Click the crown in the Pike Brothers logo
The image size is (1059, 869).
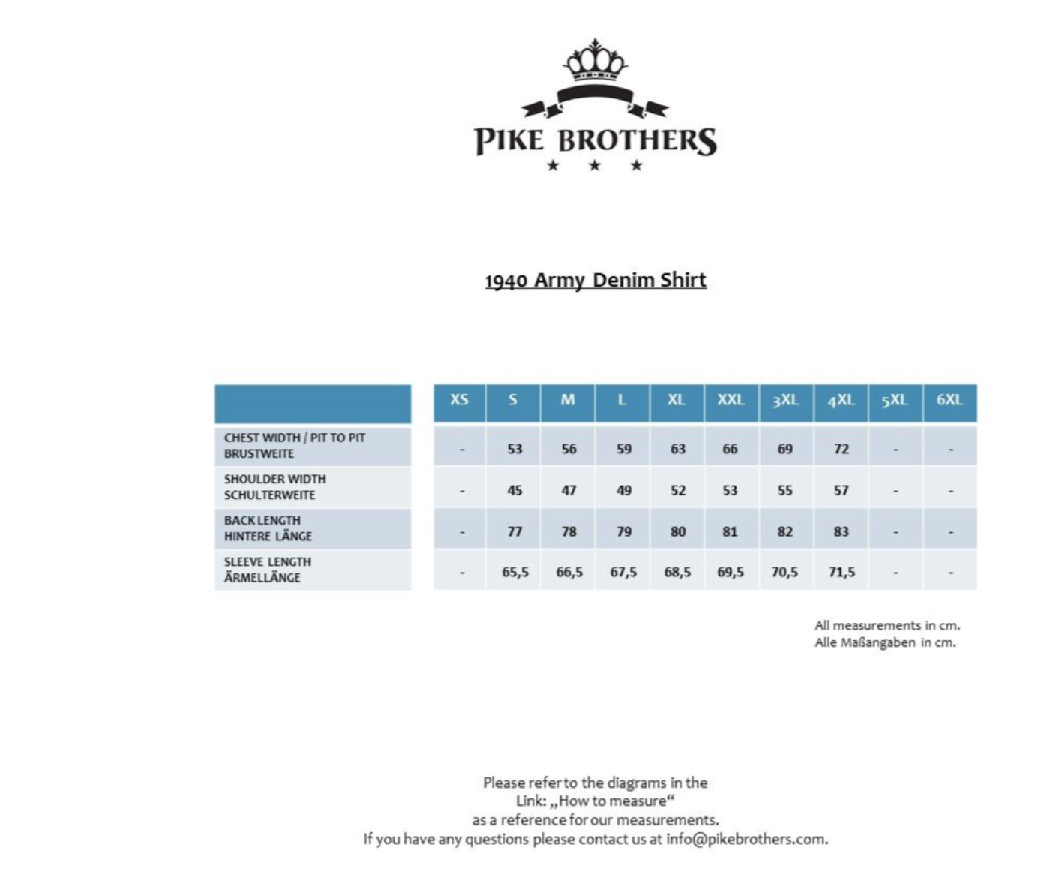tap(595, 61)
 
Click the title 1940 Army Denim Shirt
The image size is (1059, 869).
tap(595, 280)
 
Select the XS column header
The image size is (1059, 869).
tap(459, 400)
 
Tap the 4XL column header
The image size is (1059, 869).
tap(841, 400)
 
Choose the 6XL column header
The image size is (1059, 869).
tap(949, 400)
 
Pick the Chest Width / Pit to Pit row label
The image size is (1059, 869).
tap(295, 445)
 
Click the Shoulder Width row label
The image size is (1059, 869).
tap(275, 486)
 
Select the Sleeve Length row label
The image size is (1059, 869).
tap(268, 569)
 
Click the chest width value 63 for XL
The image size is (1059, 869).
tap(677, 449)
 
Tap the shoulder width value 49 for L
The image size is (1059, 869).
tap(623, 490)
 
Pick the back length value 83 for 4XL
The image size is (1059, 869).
tap(841, 531)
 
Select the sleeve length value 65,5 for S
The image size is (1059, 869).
tap(515, 572)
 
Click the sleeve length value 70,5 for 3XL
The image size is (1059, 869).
tap(784, 572)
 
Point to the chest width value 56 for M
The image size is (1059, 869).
tap(568, 449)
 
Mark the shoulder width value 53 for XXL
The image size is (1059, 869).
tap(730, 490)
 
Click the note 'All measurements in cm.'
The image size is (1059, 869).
tap(887, 625)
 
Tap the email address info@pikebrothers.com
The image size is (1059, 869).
tap(745, 839)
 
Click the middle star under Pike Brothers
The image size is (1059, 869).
tap(595, 165)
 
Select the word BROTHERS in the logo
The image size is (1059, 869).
tap(639, 140)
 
